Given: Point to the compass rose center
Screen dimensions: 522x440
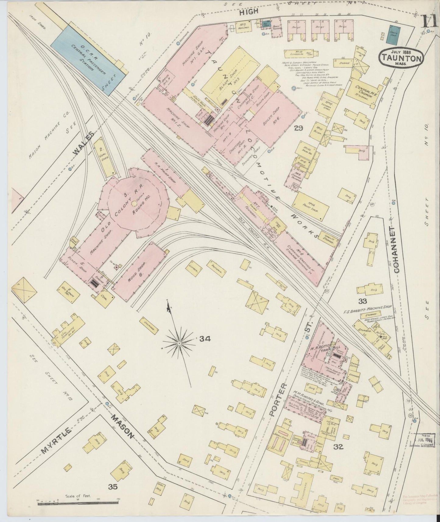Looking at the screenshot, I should tap(180, 343).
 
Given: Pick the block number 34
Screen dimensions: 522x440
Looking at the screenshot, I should tap(205, 339).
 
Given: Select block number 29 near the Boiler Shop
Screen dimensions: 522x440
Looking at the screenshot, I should tap(298, 128).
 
